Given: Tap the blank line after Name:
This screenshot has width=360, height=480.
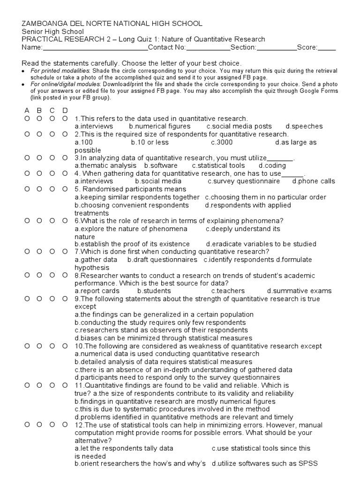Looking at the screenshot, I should pos(95,48).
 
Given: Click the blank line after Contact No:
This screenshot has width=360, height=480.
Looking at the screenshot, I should pos(208,48).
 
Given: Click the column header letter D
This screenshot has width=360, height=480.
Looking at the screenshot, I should pos(65,111).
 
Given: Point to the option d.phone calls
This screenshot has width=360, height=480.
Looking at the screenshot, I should pos(314,181).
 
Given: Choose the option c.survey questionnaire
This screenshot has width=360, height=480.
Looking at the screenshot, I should pos(244,181).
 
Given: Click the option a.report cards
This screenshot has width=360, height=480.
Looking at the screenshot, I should pos(97,291).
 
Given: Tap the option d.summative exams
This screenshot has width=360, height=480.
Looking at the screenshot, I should pos(299,291).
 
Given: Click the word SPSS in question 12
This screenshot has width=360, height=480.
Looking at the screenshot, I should pos(309,464).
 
